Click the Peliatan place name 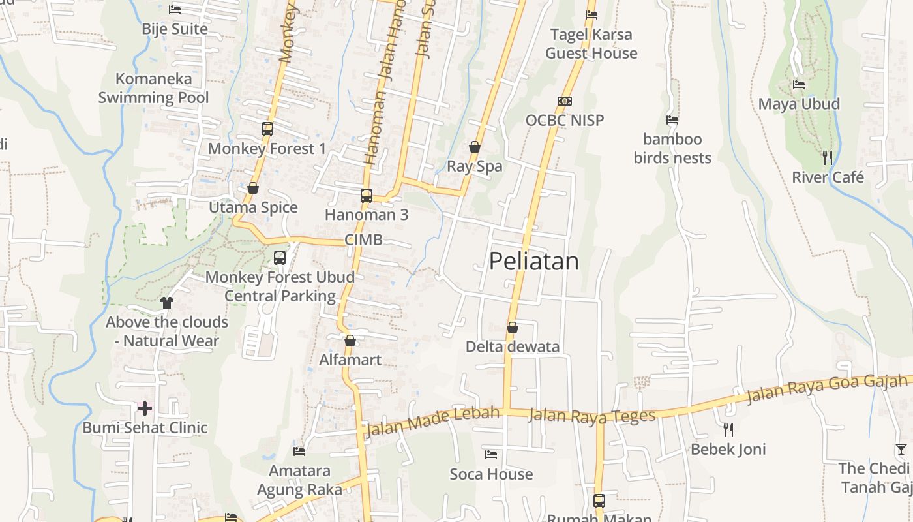point(533,261)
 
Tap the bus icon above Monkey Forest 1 point(267,129)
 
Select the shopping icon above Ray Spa point(475,147)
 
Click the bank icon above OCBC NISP point(565,101)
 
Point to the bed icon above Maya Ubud point(799,85)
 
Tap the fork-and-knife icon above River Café point(828,157)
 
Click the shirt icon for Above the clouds point(167,302)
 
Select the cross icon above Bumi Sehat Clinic point(145,408)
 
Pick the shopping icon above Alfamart point(350,341)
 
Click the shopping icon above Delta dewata point(513,327)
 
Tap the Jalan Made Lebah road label point(432,422)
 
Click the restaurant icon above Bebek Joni point(728,429)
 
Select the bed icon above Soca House point(491,454)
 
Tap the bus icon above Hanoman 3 point(367,195)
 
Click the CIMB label point(363,239)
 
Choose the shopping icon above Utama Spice point(253,188)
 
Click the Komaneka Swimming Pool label point(154,88)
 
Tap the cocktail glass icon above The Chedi point(901,449)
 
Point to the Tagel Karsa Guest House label point(591,44)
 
